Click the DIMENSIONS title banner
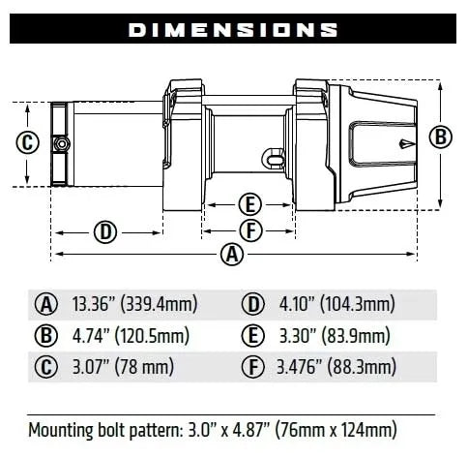(234, 29)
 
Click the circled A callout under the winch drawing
(231, 255)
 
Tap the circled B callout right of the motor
(441, 137)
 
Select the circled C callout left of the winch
(28, 143)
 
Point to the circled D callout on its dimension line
(106, 231)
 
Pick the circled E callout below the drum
(249, 204)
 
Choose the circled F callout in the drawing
(249, 230)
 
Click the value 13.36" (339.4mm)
(134, 304)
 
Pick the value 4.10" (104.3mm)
(334, 304)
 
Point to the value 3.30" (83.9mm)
(331, 336)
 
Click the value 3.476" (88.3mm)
(335, 367)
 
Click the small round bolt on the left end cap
(63, 144)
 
